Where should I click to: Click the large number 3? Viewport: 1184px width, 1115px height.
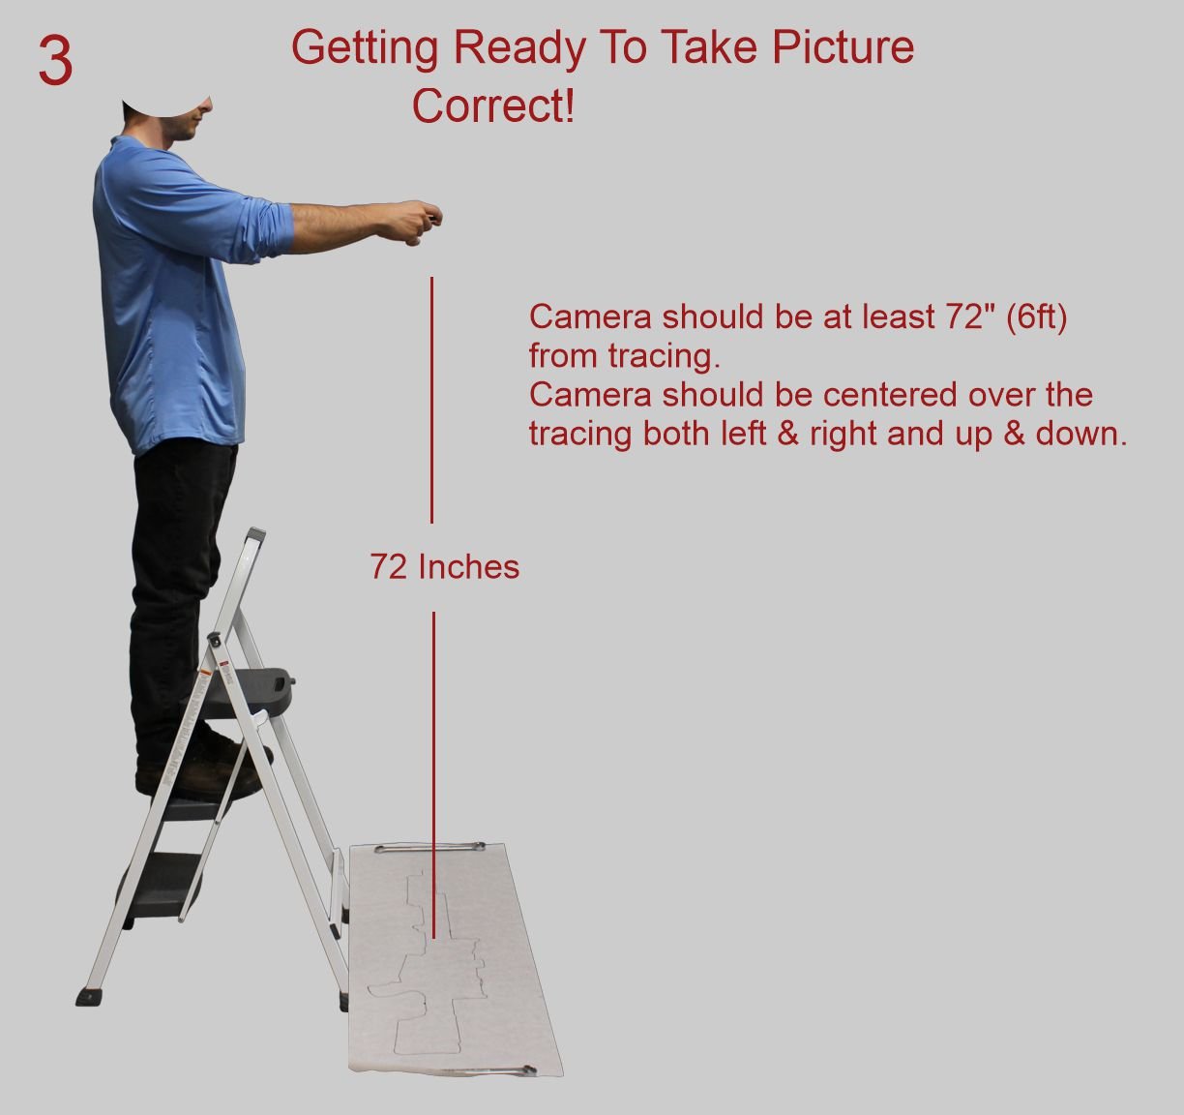(x=55, y=61)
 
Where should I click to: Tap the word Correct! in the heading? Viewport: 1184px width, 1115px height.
(x=493, y=105)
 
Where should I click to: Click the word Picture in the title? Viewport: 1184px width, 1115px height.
(x=843, y=47)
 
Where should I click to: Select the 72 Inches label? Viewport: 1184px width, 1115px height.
(x=445, y=566)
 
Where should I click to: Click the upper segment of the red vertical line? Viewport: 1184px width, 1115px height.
(x=432, y=400)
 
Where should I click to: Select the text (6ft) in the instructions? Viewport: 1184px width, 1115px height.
(x=1036, y=316)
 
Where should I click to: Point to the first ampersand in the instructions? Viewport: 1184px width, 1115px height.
(x=787, y=434)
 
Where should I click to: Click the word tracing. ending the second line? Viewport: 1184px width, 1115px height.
(x=665, y=356)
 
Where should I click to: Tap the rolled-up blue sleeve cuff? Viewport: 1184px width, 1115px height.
(x=276, y=230)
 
